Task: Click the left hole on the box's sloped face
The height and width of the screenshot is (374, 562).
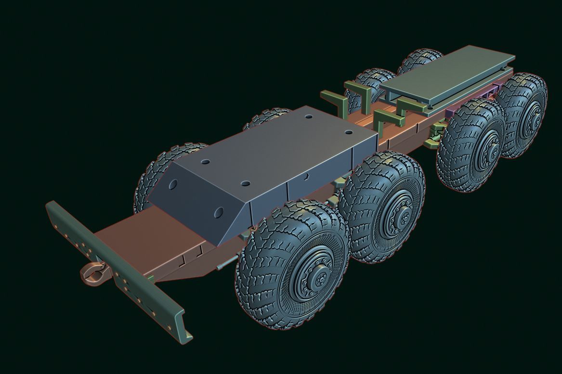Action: coord(173,184)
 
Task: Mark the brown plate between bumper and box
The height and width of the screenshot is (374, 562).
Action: coord(144,236)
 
